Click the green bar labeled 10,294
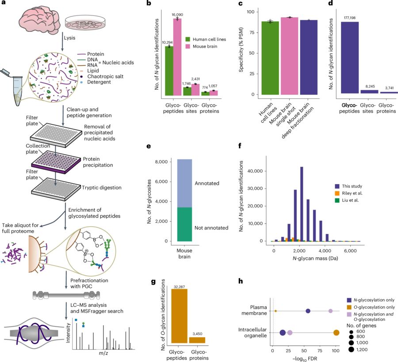[x=168, y=71]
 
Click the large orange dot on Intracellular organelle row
[x=336, y=332]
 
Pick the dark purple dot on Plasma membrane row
[x=308, y=311]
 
